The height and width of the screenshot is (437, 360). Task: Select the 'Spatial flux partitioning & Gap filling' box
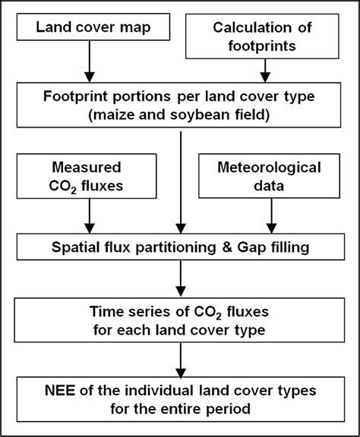(x=180, y=247)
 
